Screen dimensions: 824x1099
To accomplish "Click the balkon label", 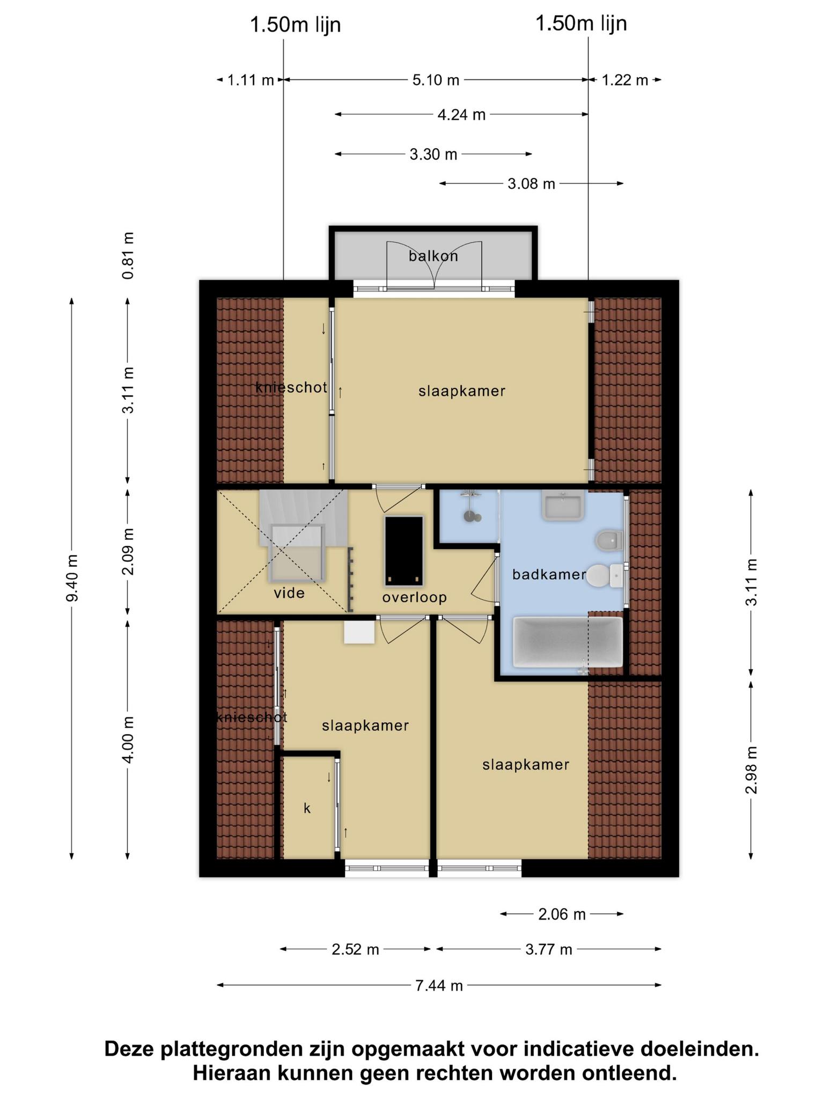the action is coord(433,256).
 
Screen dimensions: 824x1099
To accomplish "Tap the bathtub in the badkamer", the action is coord(568,642).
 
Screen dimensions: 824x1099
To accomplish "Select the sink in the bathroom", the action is coord(563,505).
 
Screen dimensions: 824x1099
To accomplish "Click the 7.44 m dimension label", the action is coord(439,985).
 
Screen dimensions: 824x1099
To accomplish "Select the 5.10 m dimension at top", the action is coord(436,80).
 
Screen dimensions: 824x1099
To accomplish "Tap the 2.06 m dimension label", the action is coord(562,914).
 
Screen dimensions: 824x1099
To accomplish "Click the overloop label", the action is coord(415,597).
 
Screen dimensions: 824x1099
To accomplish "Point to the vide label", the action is coord(289,593).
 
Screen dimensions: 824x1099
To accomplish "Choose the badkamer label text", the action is coord(549,575).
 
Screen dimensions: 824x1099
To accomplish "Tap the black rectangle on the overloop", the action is coord(403,551).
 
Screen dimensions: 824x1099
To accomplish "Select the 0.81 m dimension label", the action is coord(128,256).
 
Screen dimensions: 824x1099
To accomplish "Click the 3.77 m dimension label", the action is coord(549,950).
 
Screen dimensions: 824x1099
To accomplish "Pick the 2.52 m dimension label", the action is coord(355,950).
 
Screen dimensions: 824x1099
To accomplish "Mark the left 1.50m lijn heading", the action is coord(296,25).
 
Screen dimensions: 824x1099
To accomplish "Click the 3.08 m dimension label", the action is coord(531,184).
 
